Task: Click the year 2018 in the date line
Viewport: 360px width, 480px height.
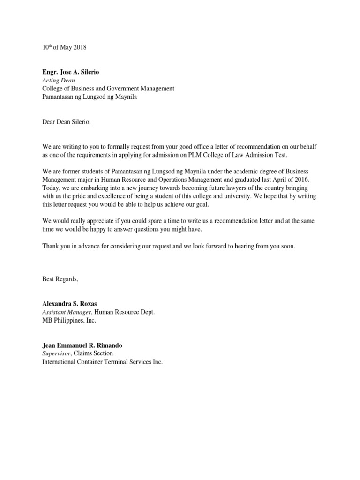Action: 80,48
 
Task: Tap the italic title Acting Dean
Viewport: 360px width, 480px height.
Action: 59,80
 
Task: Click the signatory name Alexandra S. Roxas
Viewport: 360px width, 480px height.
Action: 69,304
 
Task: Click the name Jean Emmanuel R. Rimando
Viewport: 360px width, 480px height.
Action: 82,345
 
